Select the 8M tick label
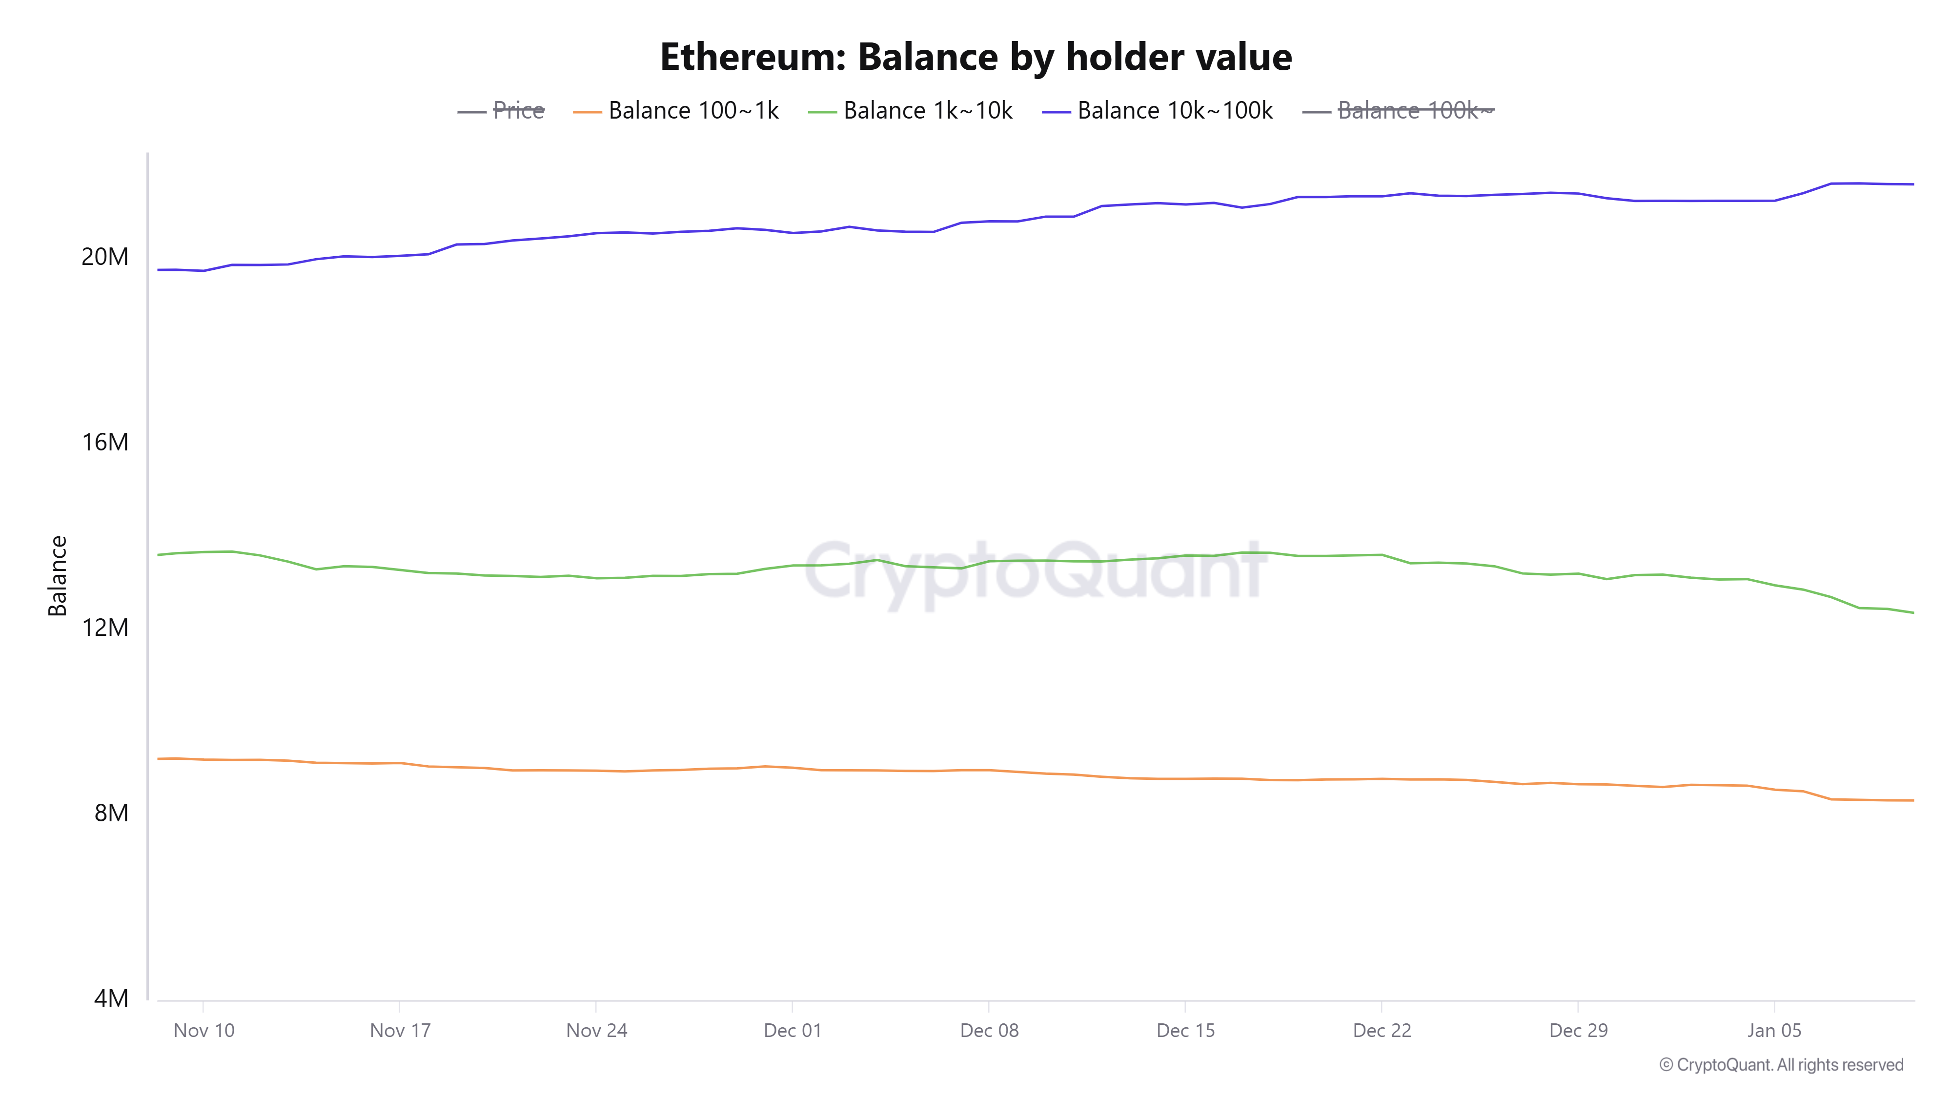tap(111, 813)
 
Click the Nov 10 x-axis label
tap(204, 1031)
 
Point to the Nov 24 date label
tap(596, 1031)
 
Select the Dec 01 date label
tap(792, 1031)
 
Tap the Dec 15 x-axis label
tap(1185, 1031)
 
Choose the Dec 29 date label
tap(1578, 1031)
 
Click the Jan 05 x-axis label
tap(1774, 1031)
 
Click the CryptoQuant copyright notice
tap(1781, 1065)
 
